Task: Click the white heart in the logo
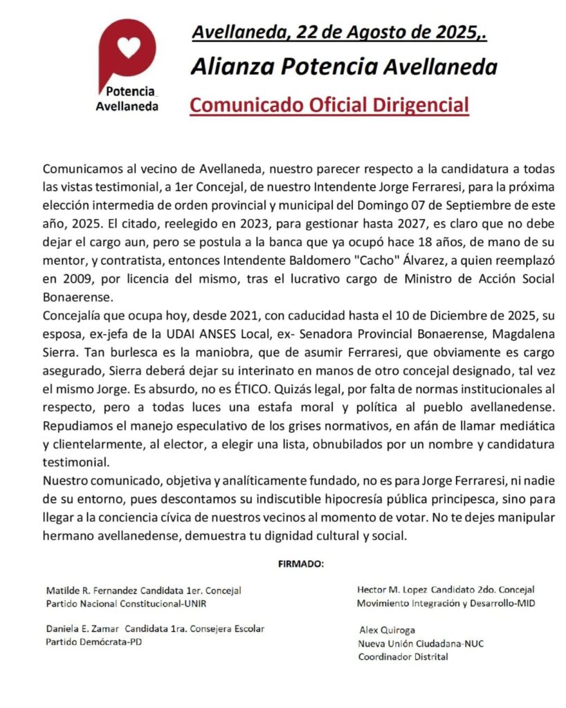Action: (129, 47)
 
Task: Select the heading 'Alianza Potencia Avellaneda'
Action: (344, 67)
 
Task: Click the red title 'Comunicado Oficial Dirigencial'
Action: (329, 105)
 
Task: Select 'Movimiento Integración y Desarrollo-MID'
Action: (446, 603)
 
